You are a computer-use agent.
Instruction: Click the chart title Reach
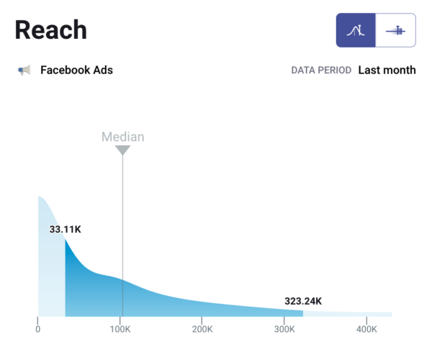click(50, 30)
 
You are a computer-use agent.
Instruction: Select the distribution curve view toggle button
click(356, 30)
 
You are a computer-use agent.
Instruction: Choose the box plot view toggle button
click(395, 30)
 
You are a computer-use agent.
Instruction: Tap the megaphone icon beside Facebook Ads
click(24, 71)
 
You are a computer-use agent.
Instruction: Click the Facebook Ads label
click(76, 71)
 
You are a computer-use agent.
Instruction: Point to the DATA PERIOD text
click(321, 71)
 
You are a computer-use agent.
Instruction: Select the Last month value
click(387, 71)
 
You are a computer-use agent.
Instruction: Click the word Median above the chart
click(122, 137)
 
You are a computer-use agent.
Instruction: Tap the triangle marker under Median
click(122, 150)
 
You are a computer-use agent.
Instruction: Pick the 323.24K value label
click(302, 301)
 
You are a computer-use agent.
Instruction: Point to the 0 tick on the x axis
click(38, 330)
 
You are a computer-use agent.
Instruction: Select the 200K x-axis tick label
click(202, 330)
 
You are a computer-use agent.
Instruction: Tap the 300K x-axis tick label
click(284, 330)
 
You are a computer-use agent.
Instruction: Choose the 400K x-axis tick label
click(366, 330)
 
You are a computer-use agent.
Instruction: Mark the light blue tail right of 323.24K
click(346, 314)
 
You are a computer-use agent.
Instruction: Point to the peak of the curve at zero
click(40, 197)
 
